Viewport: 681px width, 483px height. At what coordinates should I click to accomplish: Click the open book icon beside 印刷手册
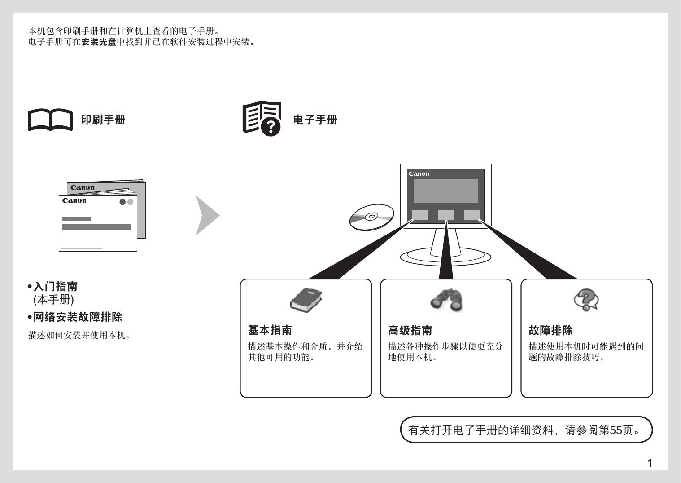pos(50,120)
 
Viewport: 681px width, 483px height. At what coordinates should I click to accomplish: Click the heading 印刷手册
pos(103,120)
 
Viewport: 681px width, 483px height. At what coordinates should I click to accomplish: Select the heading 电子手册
pos(315,120)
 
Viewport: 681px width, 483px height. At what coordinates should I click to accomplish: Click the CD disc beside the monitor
pos(371,217)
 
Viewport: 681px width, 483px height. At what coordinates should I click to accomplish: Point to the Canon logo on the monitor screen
pos(419,174)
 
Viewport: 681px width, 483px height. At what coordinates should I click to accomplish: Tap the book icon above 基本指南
pos(306,300)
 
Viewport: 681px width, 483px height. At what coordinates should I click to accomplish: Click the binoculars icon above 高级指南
pos(446,300)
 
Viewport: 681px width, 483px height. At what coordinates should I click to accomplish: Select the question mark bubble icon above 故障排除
pos(586,300)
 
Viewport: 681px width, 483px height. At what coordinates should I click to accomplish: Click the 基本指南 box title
pos(270,330)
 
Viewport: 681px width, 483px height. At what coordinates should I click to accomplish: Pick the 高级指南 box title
pos(410,330)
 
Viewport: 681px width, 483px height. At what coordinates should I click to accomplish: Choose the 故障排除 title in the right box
pos(550,330)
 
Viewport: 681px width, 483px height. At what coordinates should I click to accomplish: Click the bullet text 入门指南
pos(56,287)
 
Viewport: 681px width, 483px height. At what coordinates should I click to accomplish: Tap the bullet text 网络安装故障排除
pos(78,317)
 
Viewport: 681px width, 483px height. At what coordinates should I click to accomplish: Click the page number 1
pos(650,463)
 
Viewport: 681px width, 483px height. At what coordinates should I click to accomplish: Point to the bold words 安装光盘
pos(99,42)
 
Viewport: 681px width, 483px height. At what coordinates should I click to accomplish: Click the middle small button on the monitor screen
pos(445,215)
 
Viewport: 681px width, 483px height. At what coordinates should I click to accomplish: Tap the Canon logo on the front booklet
pos(74,201)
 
